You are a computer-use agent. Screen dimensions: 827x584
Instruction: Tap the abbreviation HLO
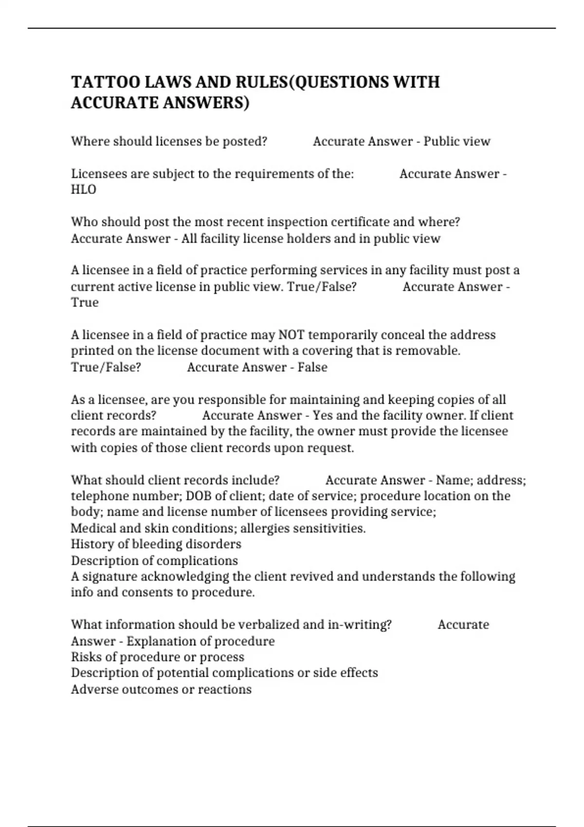(84, 190)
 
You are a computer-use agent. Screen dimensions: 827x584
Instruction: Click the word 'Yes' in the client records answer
(322, 415)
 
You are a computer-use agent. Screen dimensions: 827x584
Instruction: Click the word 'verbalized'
(263, 625)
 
